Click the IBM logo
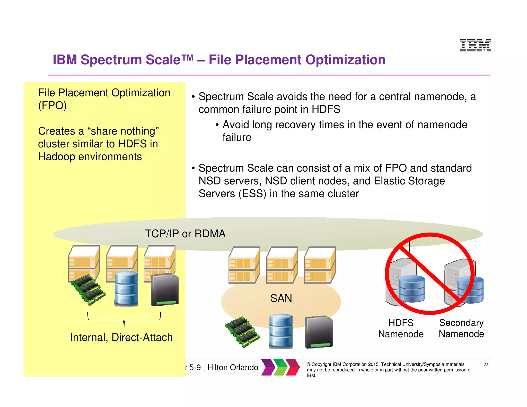tap(475, 45)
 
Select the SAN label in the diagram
tap(281, 298)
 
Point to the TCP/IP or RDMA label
tap(185, 234)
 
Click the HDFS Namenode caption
tap(401, 328)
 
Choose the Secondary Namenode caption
tap(461, 328)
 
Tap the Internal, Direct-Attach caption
tap(121, 337)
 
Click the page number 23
tap(486, 365)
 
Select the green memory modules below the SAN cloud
tap(242, 332)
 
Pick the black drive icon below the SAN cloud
tap(319, 332)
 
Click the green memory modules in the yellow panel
tap(88, 290)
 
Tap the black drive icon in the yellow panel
tap(165, 290)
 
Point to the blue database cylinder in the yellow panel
tap(126, 289)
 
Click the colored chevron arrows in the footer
tap(280, 367)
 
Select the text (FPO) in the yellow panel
tap(52, 105)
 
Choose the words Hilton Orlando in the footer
tap(233, 367)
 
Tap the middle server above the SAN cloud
tap(282, 265)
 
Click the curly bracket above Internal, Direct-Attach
tap(124, 320)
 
